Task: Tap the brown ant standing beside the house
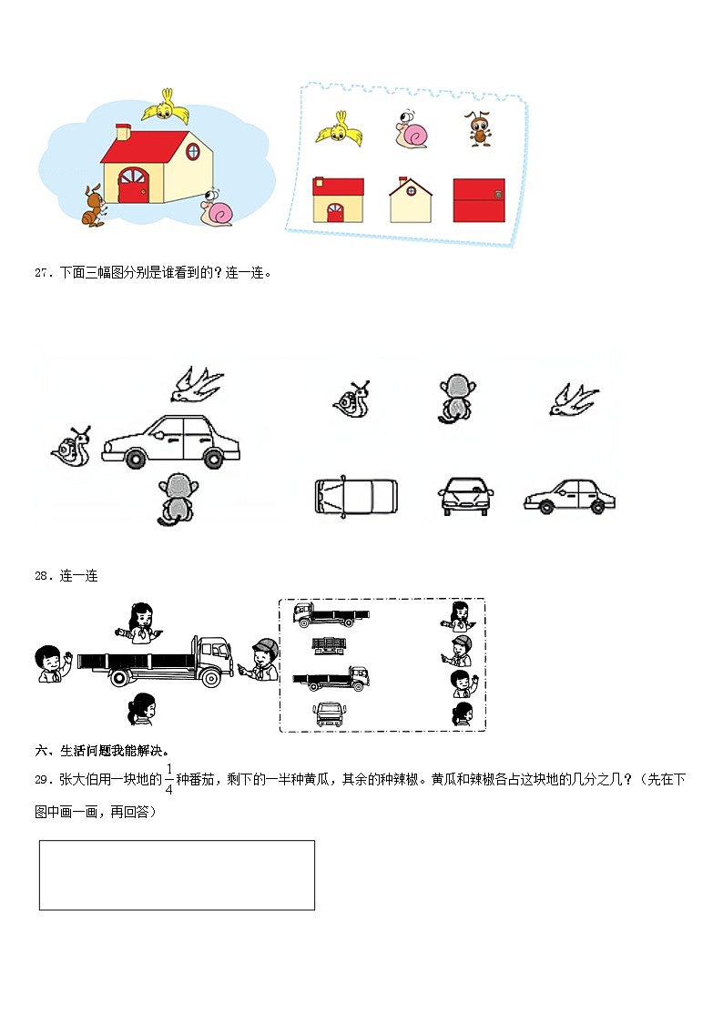pyautogui.click(x=93, y=206)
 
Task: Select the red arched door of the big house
pyautogui.click(x=133, y=187)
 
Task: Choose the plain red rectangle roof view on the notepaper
pyautogui.click(x=478, y=200)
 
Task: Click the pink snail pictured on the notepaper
pyautogui.click(x=411, y=130)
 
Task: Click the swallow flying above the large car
pyautogui.click(x=198, y=383)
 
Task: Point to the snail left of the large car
pyautogui.click(x=71, y=447)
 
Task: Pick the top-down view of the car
pyautogui.click(x=356, y=495)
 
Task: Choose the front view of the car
pyautogui.click(x=465, y=496)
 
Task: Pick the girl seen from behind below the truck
pyautogui.click(x=141, y=709)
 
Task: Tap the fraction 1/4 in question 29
pyautogui.click(x=168, y=779)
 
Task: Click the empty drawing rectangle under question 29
pyautogui.click(x=177, y=875)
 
